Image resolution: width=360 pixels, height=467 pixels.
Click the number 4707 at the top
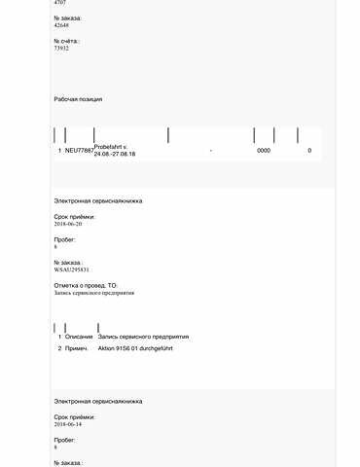coord(60,4)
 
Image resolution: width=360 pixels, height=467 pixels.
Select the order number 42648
coord(61,25)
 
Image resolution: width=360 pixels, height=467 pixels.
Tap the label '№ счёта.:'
coord(67,41)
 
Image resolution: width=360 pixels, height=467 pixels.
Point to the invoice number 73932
coord(61,48)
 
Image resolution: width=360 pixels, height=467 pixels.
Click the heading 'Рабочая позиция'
coord(78,99)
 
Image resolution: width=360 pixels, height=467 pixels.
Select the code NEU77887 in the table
coord(79,151)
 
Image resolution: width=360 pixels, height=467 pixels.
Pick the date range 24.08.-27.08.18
coord(115,155)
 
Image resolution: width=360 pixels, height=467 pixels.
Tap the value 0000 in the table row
coord(264,151)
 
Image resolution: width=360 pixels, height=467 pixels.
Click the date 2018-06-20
coord(68,224)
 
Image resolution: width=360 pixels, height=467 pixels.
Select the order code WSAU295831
coord(72,269)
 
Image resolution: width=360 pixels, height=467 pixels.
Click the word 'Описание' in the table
coord(79,337)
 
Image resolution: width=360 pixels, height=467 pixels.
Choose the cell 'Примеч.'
coord(77,347)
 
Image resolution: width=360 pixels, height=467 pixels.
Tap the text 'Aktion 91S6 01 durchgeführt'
coord(142,347)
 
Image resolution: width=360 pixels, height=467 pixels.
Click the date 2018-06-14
coord(68,424)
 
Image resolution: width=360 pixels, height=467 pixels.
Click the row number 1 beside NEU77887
coord(59,151)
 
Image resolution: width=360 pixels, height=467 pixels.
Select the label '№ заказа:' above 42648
coord(67,18)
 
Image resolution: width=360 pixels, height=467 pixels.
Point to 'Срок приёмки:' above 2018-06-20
coord(75,216)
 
